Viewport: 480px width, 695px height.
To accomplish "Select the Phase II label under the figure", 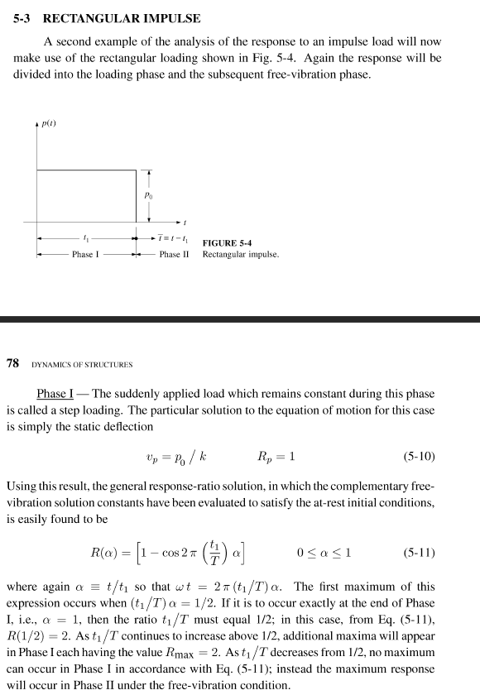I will pos(175,255).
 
